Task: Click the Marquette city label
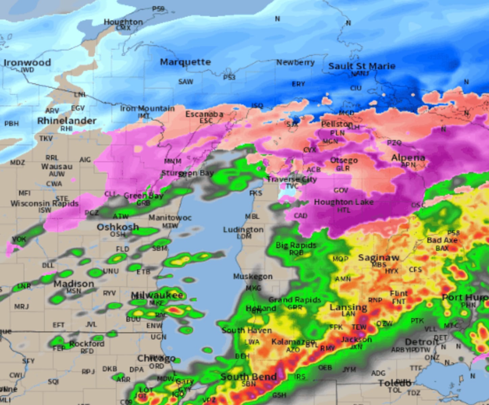pos(185,62)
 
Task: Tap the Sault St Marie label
pos(362,66)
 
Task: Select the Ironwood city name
pos(27,62)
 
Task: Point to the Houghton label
pos(123,22)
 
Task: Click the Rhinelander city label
pos(67,120)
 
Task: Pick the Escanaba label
pos(204,114)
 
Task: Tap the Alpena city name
pos(408,158)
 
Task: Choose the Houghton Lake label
pos(344,202)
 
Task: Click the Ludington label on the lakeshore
pos(243,230)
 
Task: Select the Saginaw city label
pos(378,258)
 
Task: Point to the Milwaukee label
pos(157,295)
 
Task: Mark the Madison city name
pos(74,284)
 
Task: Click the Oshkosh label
pos(118,227)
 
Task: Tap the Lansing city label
pos(348,307)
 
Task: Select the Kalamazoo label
pos(293,342)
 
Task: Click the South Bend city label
pos(248,376)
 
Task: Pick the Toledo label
pos(394,383)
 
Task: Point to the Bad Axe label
pos(442,240)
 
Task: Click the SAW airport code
pos(186,82)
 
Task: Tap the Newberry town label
pos(295,62)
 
